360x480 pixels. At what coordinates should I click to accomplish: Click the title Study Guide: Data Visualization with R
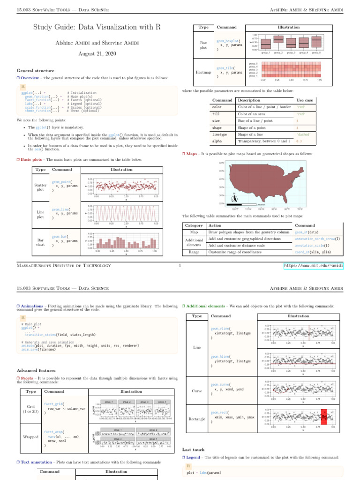97,27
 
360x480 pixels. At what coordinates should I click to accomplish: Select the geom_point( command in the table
62,181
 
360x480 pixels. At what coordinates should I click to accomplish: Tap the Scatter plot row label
41,187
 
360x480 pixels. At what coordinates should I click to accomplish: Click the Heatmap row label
203,72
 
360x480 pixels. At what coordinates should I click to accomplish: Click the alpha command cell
217,141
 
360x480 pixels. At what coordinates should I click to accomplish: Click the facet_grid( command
55,403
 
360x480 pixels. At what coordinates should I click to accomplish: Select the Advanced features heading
37,370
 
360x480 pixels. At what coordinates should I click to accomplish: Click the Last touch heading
193,450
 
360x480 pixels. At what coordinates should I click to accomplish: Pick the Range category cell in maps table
194,252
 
